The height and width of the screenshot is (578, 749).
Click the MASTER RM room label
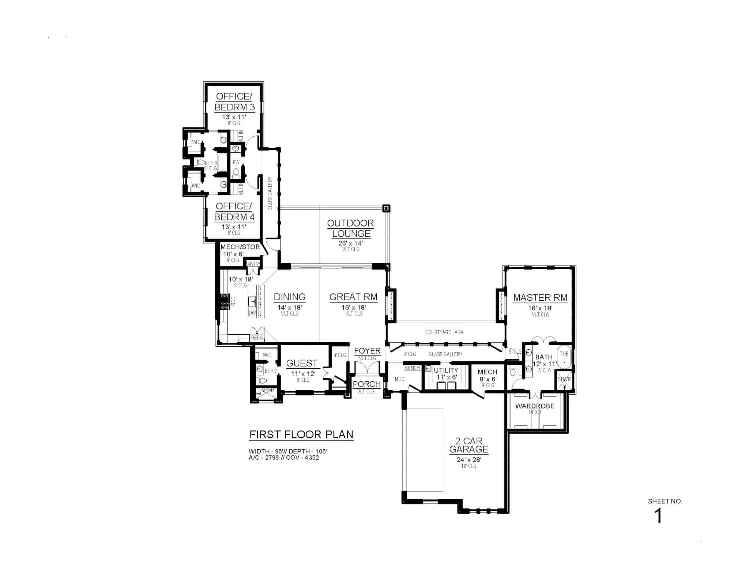click(540, 298)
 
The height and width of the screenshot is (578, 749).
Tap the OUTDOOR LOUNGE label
click(350, 228)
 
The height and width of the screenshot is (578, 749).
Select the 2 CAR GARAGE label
click(469, 445)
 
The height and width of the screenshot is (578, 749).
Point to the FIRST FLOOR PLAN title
click(301, 434)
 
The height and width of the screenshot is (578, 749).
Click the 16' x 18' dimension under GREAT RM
click(354, 308)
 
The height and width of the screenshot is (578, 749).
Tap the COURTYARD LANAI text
click(445, 332)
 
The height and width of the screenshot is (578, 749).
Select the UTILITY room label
click(446, 370)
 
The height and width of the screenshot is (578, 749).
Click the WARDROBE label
click(535, 406)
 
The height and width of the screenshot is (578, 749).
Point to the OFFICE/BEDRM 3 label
click(234, 102)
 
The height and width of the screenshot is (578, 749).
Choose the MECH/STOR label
click(240, 247)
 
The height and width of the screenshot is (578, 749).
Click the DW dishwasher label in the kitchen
click(252, 313)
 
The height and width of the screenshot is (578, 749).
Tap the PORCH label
click(366, 384)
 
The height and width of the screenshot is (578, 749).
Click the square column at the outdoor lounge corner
click(386, 208)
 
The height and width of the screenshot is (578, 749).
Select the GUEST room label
click(301, 363)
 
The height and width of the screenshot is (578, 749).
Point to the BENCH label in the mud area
click(412, 368)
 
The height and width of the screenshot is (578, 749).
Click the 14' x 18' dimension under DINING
click(289, 308)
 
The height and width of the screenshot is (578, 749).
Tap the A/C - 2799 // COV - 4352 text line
click(284, 457)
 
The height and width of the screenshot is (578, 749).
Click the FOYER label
click(367, 351)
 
